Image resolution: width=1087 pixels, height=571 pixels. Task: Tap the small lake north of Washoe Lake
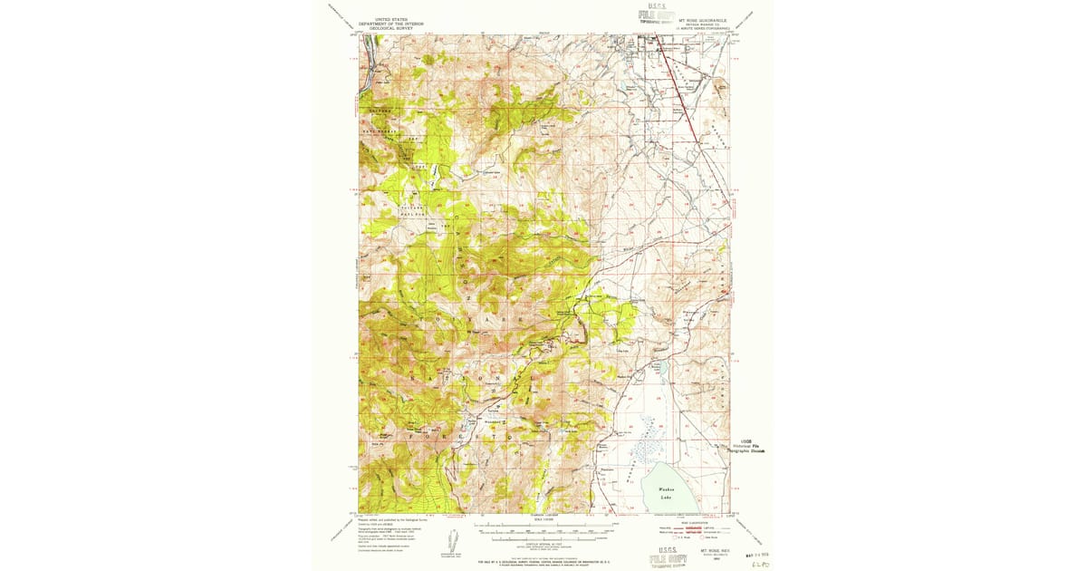659,368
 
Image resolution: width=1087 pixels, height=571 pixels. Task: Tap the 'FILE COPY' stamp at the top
659,15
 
